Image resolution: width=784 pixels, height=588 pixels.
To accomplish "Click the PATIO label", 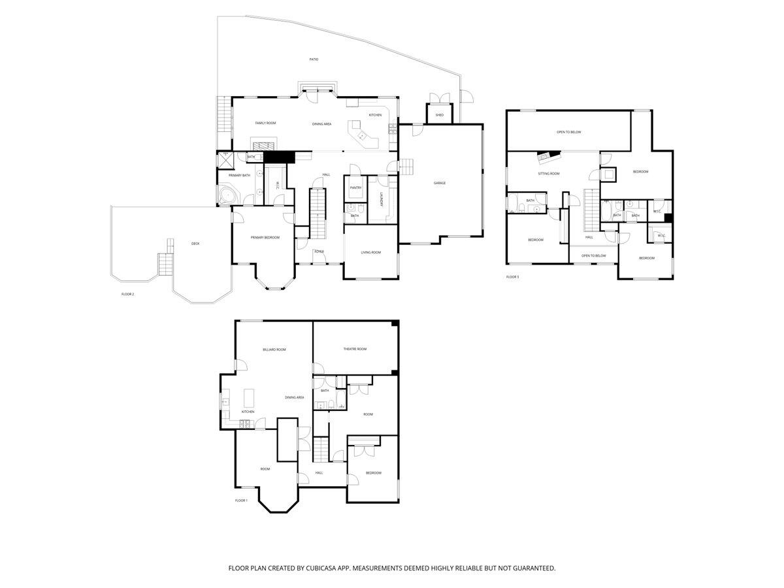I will (314, 59).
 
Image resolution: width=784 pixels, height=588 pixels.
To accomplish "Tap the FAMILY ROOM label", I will (265, 123).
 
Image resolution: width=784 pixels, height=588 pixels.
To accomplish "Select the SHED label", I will (440, 115).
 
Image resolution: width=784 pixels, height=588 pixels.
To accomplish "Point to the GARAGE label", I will (440, 183).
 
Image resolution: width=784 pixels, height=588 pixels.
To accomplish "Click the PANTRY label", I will (355, 188).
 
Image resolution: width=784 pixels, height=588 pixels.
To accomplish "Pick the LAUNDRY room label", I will (380, 199).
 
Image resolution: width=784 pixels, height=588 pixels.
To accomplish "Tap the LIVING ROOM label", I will (370, 252).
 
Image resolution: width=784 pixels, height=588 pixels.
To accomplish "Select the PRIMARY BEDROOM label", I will (265, 237).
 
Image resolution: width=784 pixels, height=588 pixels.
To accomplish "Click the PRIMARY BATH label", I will (239, 175).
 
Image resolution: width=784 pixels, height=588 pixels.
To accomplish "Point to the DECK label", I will (195, 244).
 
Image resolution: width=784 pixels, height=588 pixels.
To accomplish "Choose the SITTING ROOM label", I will (549, 174).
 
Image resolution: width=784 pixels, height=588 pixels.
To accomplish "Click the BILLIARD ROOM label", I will (274, 350).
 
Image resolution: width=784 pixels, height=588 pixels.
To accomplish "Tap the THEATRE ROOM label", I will (355, 349).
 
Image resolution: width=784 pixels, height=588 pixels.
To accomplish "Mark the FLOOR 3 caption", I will (513, 277).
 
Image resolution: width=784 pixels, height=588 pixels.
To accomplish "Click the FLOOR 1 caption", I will (241, 500).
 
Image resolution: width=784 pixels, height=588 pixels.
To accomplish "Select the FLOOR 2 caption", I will (127, 294).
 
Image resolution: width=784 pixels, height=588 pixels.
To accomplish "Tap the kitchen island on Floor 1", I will (249, 398).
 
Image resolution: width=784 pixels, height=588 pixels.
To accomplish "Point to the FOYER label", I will (319, 252).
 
